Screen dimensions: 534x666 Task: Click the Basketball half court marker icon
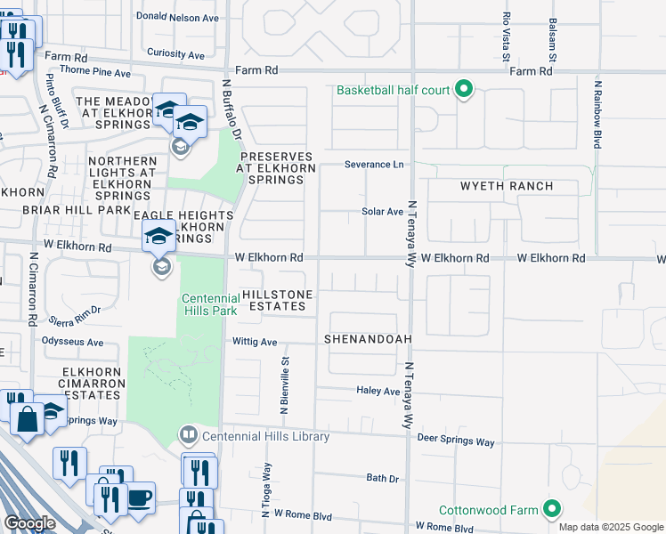463,90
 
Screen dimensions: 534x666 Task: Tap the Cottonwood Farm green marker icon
552,510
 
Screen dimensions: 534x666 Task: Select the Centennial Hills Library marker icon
189,436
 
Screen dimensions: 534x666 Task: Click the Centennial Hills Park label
210,304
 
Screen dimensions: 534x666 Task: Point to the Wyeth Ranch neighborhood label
506,186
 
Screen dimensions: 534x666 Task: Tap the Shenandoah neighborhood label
362,339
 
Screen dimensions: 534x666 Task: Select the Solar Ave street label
382,212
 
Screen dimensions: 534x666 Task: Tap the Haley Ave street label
378,391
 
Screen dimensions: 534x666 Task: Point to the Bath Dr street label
383,478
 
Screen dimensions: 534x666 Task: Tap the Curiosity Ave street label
182,53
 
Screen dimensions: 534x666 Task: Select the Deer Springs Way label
455,441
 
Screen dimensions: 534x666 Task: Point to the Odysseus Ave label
72,342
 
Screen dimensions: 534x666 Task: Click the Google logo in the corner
30,523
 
